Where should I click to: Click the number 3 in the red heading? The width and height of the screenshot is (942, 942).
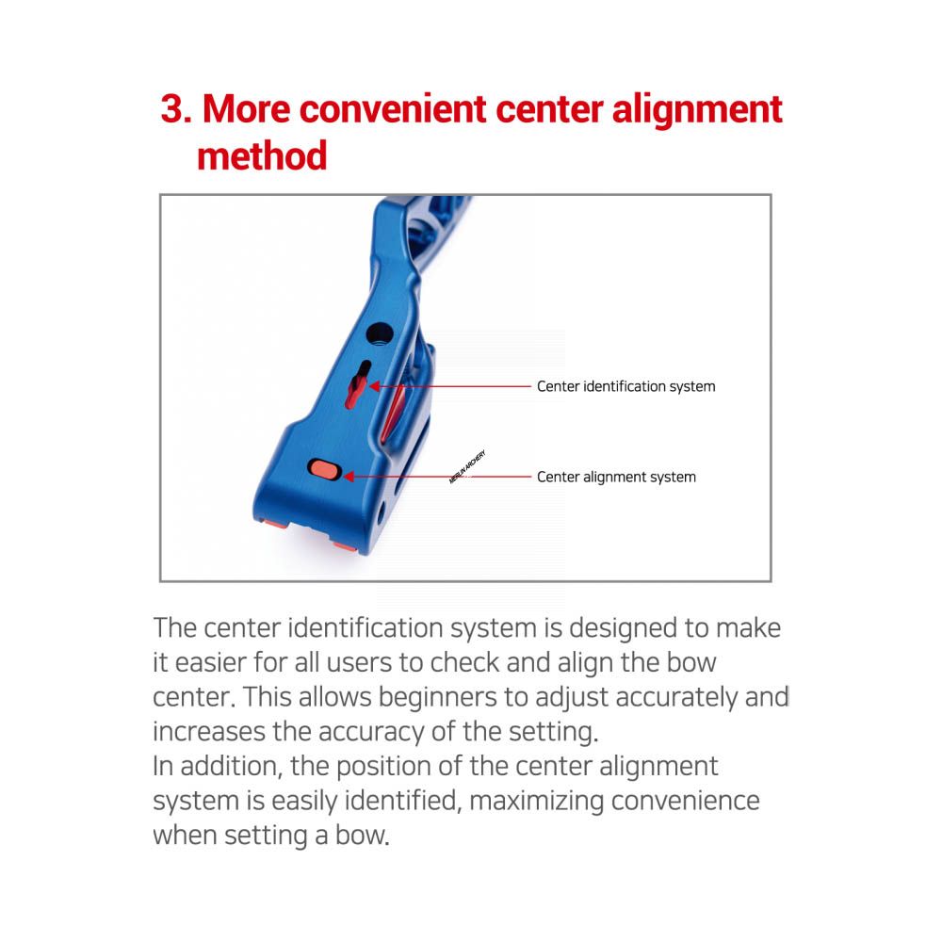tap(175, 109)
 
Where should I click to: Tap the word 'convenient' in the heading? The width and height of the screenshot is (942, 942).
tap(393, 109)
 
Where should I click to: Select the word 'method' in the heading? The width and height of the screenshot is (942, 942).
tap(262, 156)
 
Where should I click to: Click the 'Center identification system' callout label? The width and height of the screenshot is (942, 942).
tap(626, 386)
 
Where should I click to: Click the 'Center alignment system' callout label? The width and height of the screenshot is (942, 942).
tap(616, 477)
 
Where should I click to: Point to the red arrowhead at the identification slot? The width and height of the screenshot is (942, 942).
tap(374, 386)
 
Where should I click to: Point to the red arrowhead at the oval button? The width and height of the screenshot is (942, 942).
tap(349, 477)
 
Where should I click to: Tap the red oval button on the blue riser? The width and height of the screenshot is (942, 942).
tap(325, 470)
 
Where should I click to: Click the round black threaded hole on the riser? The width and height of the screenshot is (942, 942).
tap(379, 333)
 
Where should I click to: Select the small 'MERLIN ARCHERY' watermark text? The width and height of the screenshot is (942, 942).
tap(467, 467)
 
